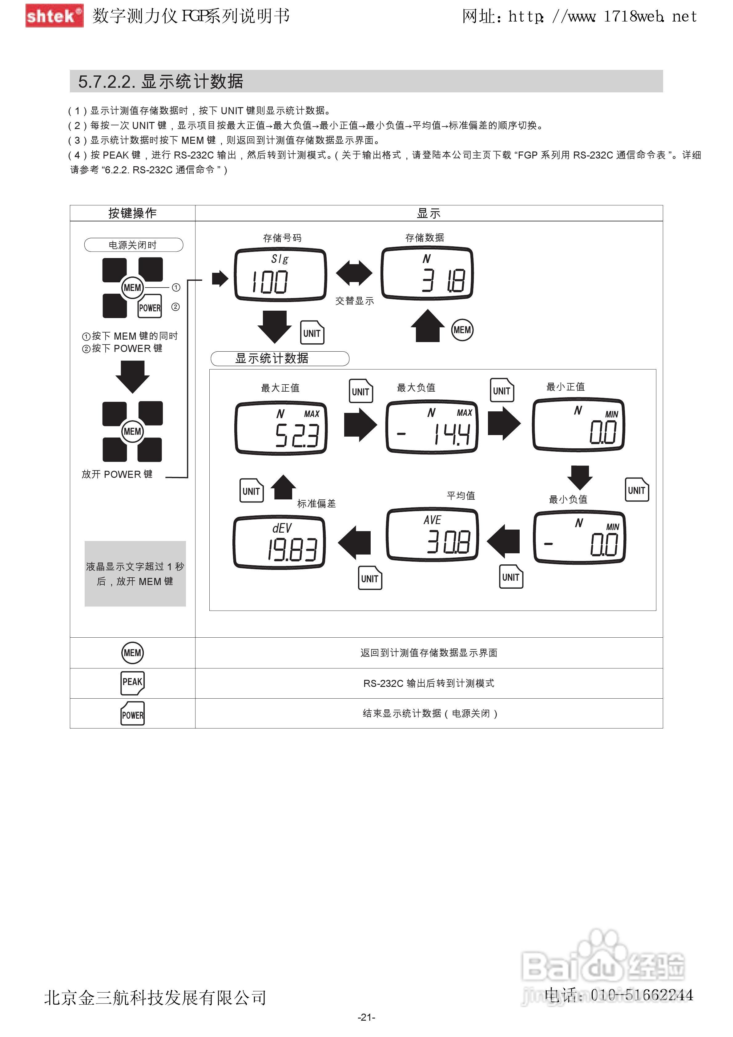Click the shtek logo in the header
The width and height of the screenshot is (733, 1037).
[x=54, y=16]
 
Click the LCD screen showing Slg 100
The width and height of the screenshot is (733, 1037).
[x=280, y=274]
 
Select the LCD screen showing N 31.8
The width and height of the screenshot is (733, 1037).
[x=427, y=273]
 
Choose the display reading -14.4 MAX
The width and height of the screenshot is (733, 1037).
[x=431, y=427]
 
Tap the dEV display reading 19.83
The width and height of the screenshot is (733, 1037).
[x=279, y=542]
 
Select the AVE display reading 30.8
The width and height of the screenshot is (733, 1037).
[x=432, y=534]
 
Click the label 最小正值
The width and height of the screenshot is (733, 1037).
[x=566, y=387]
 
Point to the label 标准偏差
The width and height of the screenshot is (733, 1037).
[x=316, y=504]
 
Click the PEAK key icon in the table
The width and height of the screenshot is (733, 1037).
[x=132, y=683]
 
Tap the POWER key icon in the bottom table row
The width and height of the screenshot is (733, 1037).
[x=132, y=714]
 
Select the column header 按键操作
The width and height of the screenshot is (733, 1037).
[x=132, y=213]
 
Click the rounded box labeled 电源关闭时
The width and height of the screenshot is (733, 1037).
[x=133, y=245]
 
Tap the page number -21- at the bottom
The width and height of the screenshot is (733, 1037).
[x=366, y=1017]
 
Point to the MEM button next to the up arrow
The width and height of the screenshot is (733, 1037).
[x=462, y=330]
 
